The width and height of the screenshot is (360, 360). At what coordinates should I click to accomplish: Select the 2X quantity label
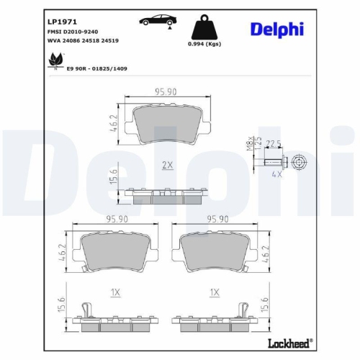pos(167,165)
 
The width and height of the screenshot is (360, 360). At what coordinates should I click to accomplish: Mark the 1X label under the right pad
pos(214,292)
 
